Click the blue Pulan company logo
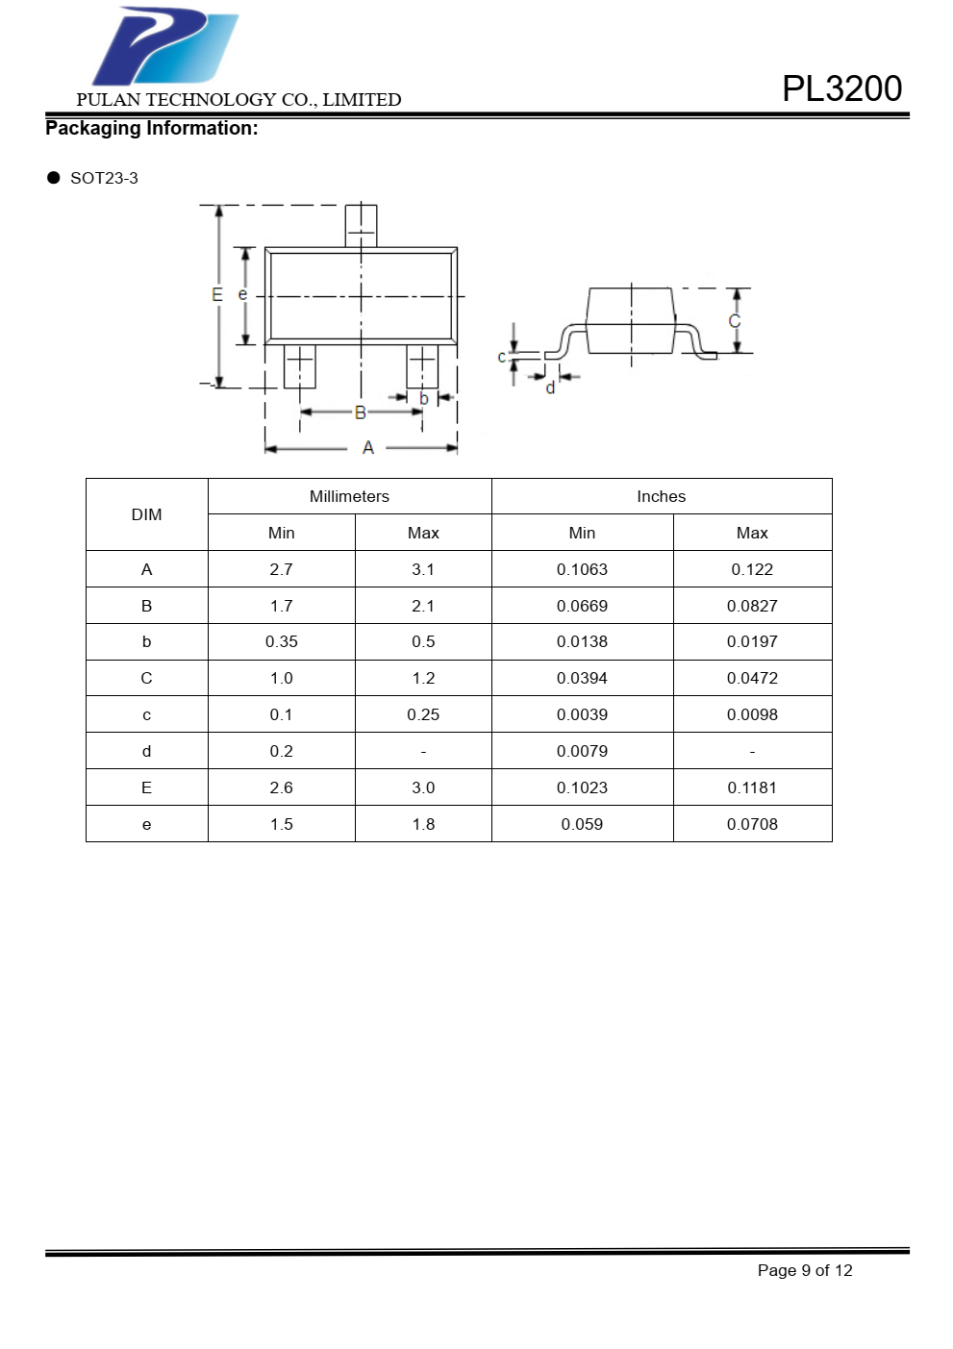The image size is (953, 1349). (164, 46)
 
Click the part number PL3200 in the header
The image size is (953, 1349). (841, 88)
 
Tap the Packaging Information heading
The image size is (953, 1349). (152, 129)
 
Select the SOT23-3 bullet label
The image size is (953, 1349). (104, 179)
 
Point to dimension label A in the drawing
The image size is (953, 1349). (367, 448)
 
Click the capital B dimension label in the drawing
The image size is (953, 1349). (361, 412)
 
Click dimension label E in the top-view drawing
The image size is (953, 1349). (217, 295)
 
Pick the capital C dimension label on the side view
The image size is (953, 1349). (735, 321)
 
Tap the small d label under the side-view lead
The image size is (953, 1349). (550, 388)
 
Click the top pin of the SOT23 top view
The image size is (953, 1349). (361, 226)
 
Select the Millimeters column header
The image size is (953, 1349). (349, 497)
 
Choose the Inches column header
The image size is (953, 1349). (661, 497)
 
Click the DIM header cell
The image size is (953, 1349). (146, 515)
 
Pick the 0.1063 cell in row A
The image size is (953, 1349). (582, 570)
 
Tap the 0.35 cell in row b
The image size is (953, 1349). (282, 642)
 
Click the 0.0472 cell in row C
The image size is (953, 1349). (752, 679)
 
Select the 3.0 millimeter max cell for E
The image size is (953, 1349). (423, 788)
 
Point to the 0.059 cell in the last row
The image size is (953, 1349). (582, 825)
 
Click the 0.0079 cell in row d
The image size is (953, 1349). (582, 752)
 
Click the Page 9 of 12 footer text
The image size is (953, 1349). (805, 1271)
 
